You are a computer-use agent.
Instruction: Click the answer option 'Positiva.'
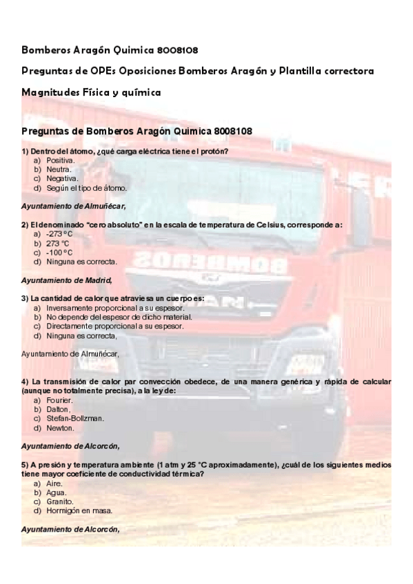(61, 160)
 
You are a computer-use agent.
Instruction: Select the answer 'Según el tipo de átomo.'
(86, 187)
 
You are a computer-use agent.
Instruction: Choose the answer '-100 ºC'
(59, 252)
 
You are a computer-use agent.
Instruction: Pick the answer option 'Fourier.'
(60, 400)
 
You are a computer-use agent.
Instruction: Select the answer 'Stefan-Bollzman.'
(75, 418)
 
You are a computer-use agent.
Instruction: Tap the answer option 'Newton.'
(60, 427)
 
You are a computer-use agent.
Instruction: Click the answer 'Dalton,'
(59, 409)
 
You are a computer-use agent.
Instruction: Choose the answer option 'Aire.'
(54, 483)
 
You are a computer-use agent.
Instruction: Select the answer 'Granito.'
(60, 501)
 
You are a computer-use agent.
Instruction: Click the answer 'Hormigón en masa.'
(79, 510)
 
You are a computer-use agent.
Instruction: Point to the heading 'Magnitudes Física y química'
(91, 92)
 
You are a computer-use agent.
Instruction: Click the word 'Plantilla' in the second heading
(313, 71)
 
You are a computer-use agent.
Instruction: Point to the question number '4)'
(26, 382)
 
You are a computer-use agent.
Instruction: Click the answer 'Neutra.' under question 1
(59, 169)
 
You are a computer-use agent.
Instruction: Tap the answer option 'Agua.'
(57, 492)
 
